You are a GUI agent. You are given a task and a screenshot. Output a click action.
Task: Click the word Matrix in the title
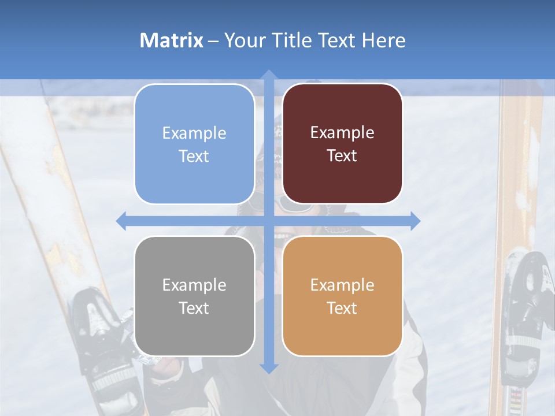(171, 40)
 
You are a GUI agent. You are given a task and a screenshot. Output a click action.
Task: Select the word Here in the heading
(383, 40)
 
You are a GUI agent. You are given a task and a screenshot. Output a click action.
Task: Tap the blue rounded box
(194, 144)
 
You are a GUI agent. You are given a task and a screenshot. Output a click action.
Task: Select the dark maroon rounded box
(342, 144)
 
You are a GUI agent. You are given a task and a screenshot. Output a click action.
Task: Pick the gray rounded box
(194, 296)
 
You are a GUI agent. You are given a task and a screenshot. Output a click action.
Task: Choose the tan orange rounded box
(342, 296)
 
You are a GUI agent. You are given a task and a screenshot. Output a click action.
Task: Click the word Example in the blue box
(194, 133)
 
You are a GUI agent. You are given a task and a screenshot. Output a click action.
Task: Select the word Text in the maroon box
(342, 155)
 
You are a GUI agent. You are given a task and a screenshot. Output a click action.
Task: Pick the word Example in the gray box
(194, 285)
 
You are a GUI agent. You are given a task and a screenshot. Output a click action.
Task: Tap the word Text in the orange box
(342, 308)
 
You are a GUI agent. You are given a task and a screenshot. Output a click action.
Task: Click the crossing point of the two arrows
(268, 221)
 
